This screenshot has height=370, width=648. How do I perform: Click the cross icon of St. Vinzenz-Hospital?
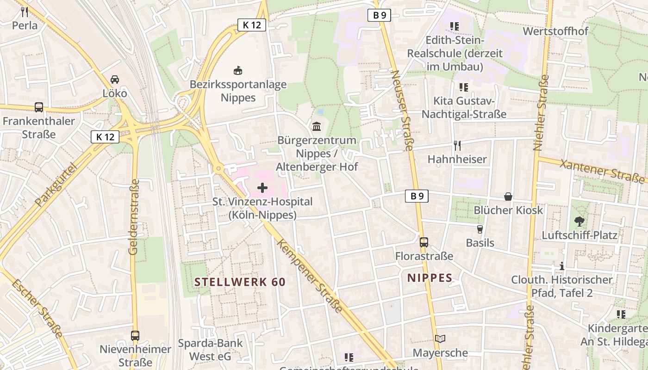262,188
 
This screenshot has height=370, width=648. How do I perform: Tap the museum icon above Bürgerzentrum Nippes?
317,126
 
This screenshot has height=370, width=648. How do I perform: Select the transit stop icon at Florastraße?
424,242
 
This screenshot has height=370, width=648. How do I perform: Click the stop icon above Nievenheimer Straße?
135,335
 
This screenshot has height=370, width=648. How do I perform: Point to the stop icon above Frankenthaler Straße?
39,107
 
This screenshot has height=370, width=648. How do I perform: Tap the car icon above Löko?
115,80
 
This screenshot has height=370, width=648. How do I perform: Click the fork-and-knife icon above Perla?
25,12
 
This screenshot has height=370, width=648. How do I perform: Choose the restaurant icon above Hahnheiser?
457,146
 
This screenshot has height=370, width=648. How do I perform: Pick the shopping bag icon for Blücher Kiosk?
508,197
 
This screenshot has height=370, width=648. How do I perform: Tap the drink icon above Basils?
480,229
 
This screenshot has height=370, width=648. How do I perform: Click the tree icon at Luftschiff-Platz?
579,222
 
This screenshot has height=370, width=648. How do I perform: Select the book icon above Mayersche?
440,339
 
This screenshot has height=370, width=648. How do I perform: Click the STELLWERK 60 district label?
240,282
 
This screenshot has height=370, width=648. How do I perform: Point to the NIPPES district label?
430,278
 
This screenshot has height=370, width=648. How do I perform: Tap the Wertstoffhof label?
555,31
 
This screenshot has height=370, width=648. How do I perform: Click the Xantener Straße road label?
602,172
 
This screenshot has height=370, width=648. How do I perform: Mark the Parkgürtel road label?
55,185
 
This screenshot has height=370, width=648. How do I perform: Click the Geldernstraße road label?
134,216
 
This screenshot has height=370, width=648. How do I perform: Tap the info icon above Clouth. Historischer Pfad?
562,266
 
